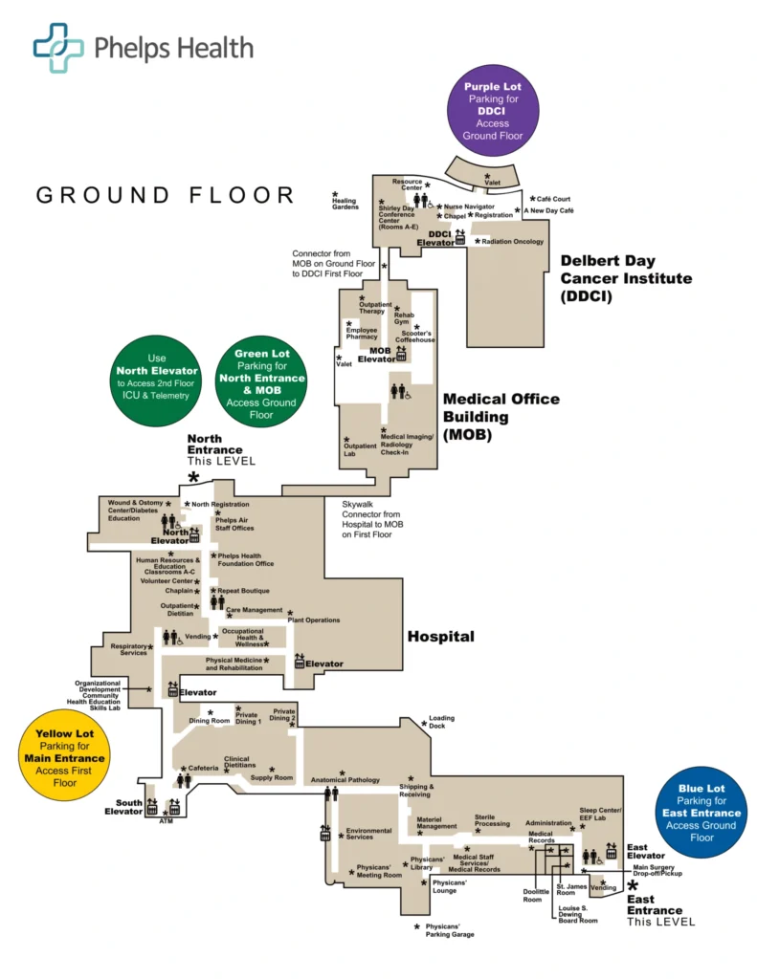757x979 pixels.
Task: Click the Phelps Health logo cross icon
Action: tap(58, 48)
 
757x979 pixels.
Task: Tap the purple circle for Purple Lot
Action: tap(493, 110)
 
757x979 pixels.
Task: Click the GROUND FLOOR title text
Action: tap(166, 195)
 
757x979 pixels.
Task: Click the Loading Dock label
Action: tap(441, 722)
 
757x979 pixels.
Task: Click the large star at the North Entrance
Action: tap(194, 477)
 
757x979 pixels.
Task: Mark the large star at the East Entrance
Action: tap(632, 887)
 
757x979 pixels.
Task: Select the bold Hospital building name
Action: tap(440, 636)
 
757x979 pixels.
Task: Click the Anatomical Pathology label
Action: tap(345, 780)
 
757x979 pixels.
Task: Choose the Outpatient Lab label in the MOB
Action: tap(360, 449)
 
